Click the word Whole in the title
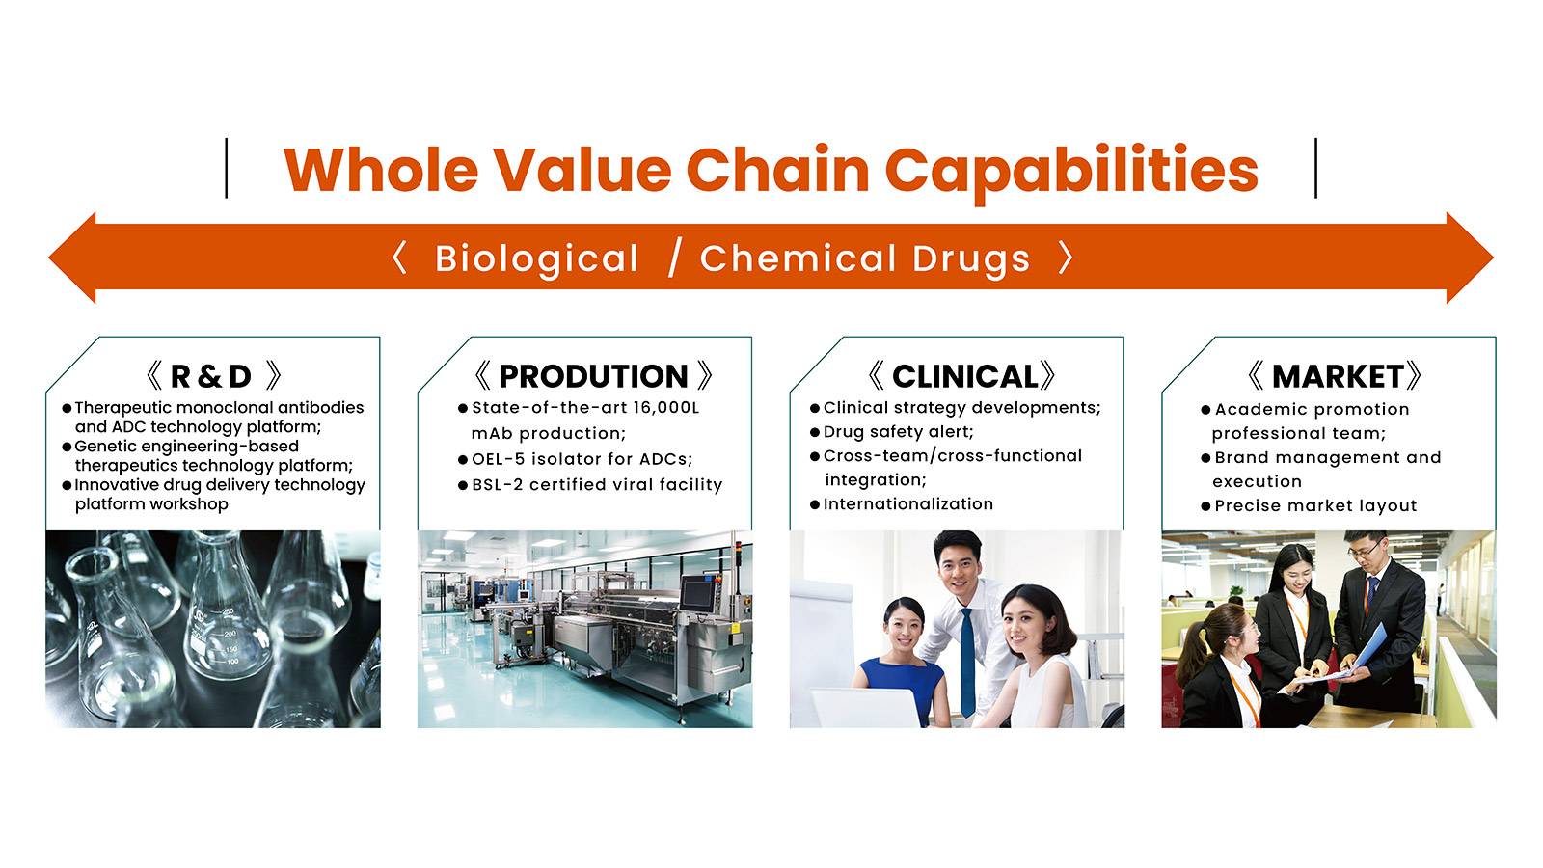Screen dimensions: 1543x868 click(x=380, y=170)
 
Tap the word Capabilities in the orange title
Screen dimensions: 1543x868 click(x=1071, y=173)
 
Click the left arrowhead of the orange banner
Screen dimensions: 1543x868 click(x=72, y=258)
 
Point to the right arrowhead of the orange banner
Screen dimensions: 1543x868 click(x=1470, y=258)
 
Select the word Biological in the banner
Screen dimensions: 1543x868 click(x=536, y=259)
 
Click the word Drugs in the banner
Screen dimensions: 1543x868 click(x=971, y=259)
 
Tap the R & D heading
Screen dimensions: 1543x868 click(x=211, y=376)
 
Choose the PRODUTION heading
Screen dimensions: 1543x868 click(x=593, y=376)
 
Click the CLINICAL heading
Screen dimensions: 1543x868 click(x=965, y=376)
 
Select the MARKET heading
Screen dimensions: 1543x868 click(x=1338, y=376)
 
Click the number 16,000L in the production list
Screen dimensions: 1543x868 click(x=666, y=408)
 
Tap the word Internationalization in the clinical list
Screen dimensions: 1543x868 click(x=907, y=504)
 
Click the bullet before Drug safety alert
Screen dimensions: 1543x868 click(x=815, y=433)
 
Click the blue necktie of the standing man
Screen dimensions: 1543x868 click(x=967, y=663)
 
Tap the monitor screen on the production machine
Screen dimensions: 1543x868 click(x=698, y=593)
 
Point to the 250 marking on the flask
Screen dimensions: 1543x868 click(x=228, y=611)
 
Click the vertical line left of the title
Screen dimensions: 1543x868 click(x=226, y=168)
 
